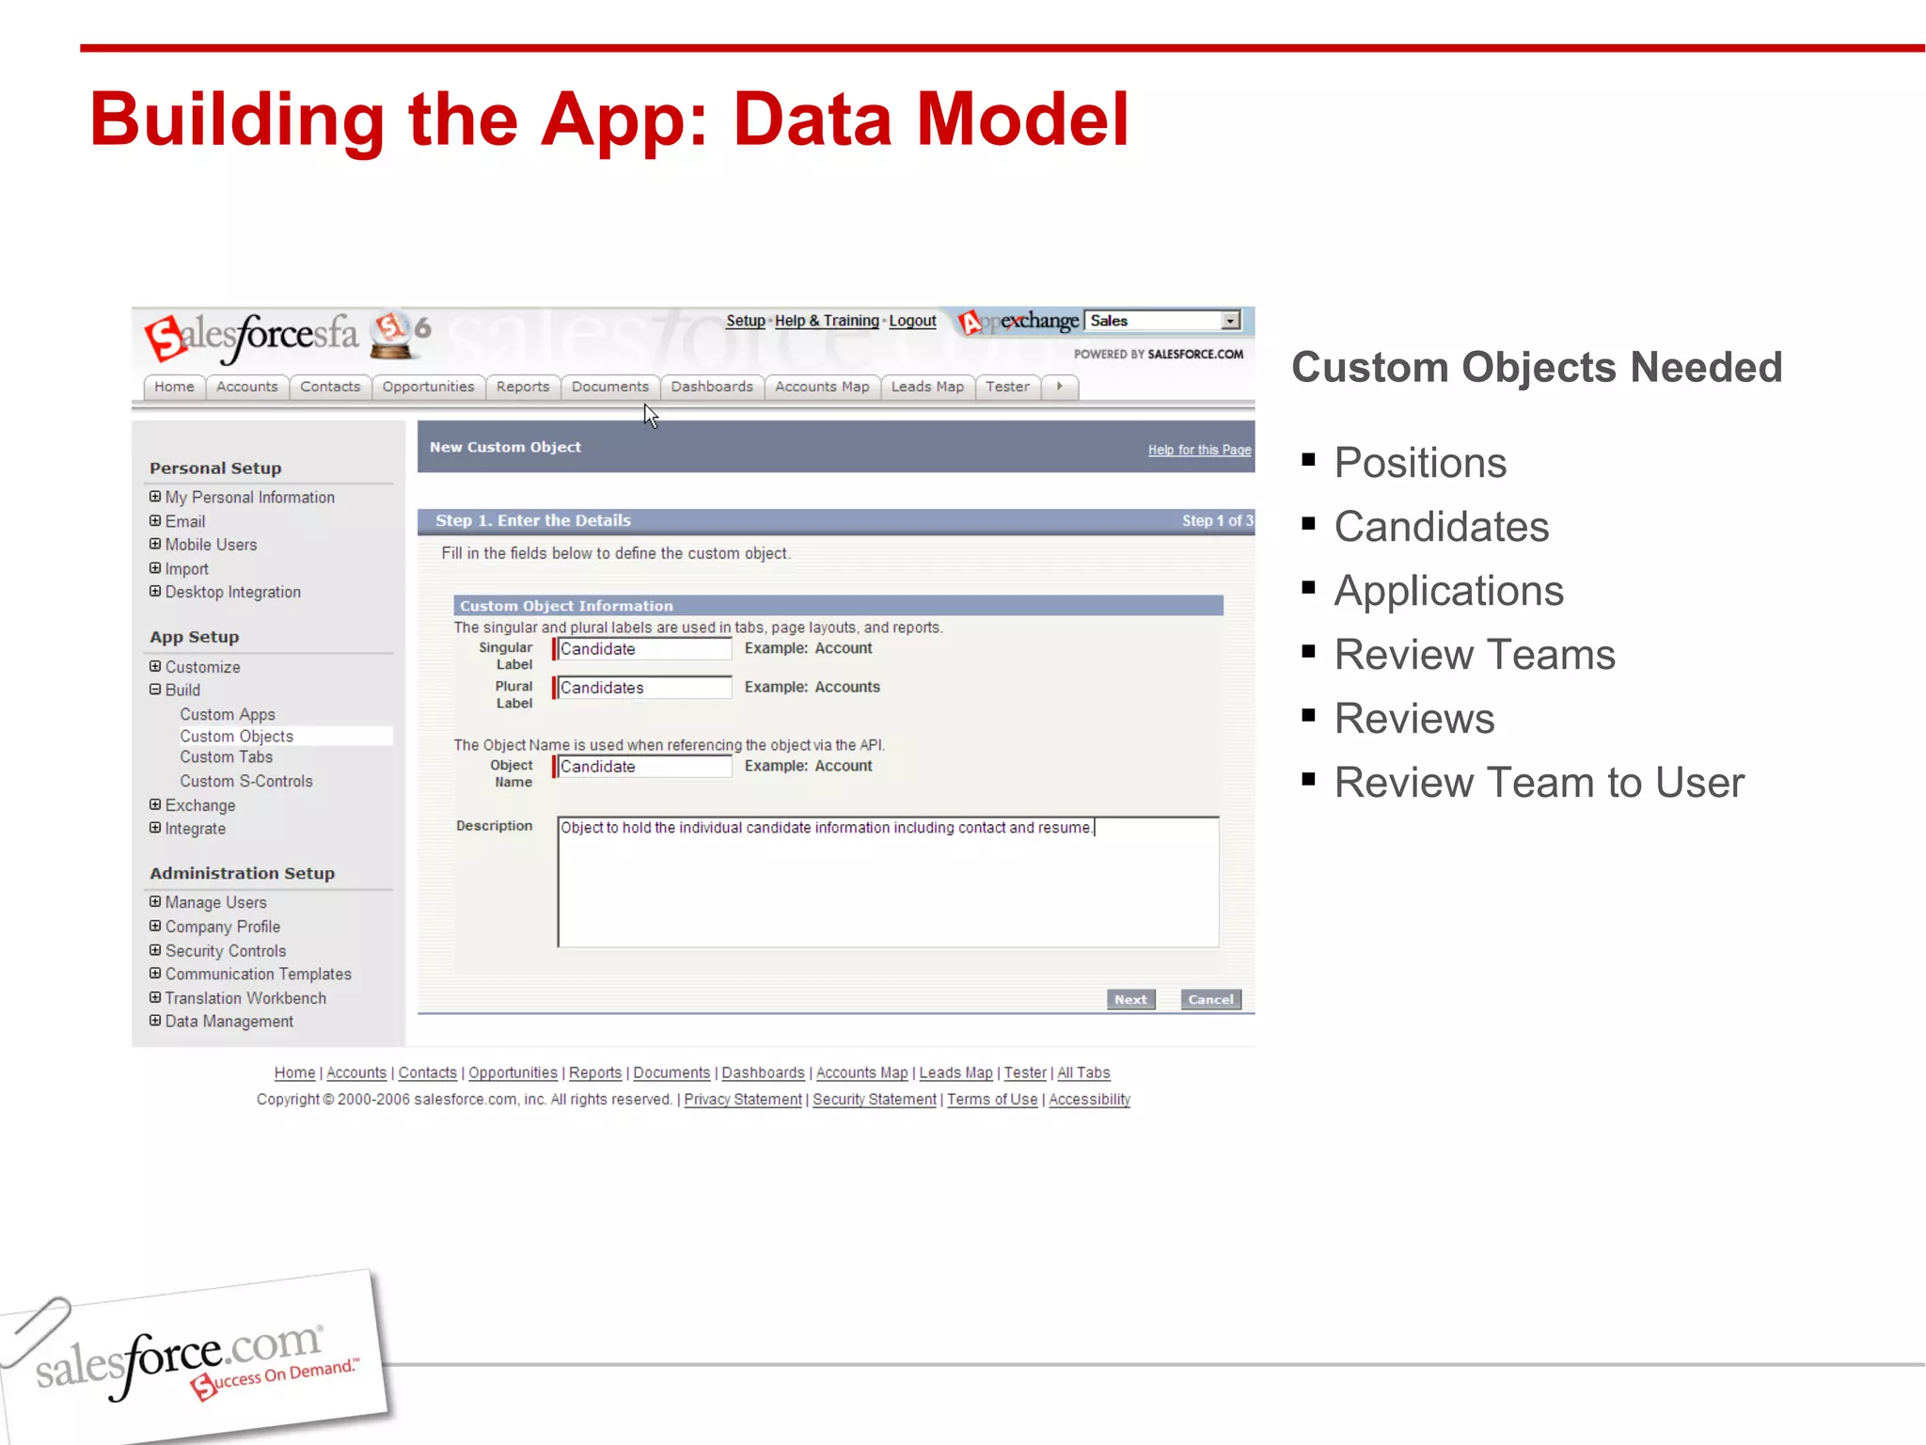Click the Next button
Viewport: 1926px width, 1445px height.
click(x=1130, y=999)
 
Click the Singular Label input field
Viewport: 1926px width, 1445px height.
click(x=643, y=649)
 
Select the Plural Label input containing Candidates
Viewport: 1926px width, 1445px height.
click(x=643, y=688)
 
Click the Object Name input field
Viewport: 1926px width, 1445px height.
click(x=643, y=767)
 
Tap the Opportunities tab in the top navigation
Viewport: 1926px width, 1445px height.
click(x=428, y=387)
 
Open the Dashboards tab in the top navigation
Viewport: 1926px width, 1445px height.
click(x=712, y=387)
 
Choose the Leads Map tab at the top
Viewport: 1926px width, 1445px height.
click(x=927, y=387)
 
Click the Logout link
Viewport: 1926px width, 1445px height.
click(x=912, y=321)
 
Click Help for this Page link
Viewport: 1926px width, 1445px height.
click(x=1199, y=450)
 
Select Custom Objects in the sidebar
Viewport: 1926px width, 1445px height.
click(x=237, y=736)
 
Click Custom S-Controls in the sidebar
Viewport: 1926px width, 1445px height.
click(x=246, y=781)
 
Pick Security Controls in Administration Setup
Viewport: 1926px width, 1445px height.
click(x=226, y=951)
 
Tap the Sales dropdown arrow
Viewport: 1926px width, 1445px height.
click(x=1230, y=321)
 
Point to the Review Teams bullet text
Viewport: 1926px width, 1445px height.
click(x=1475, y=655)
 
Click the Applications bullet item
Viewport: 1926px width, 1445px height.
click(x=1448, y=591)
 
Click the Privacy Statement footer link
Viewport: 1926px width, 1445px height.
click(x=743, y=1099)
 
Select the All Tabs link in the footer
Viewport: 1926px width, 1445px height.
click(x=1083, y=1072)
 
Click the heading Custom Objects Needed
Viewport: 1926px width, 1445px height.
click(x=1537, y=367)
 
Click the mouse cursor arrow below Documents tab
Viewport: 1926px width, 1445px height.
click(x=651, y=416)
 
